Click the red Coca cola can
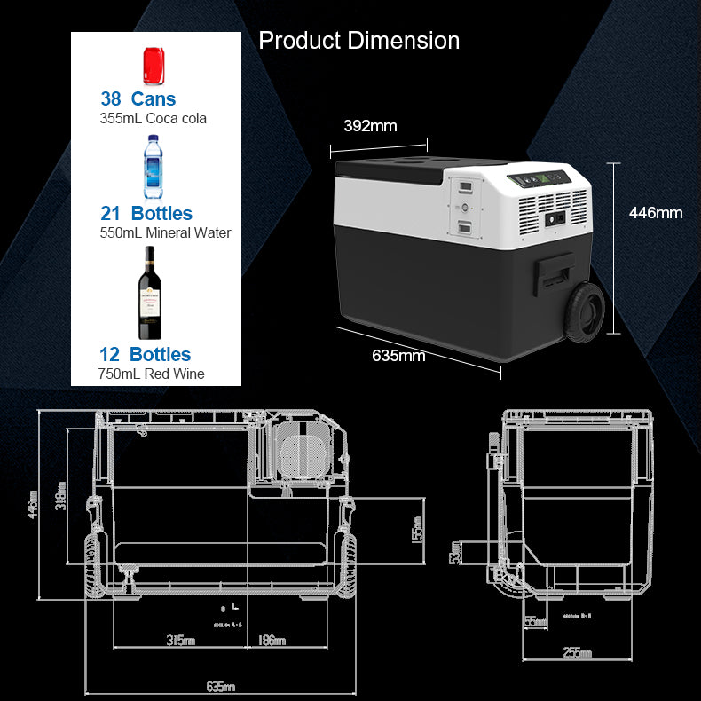point(155,64)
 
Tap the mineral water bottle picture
point(154,167)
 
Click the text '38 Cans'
point(138,98)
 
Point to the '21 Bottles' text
point(146,213)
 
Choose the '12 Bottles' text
point(146,355)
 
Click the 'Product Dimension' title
point(358,41)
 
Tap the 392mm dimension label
point(370,126)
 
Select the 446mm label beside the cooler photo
point(655,212)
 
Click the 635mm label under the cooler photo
point(398,357)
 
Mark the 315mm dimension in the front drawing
point(181,641)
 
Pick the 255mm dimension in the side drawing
point(578,653)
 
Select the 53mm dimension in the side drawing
point(455,553)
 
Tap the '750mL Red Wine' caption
point(151,374)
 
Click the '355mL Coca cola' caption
point(153,118)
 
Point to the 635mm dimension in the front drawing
point(221,687)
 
